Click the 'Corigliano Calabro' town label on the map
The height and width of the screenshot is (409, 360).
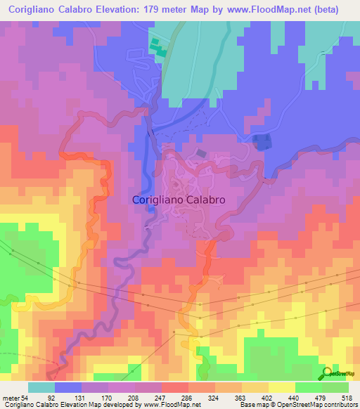179,200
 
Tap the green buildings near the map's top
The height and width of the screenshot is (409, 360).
158,47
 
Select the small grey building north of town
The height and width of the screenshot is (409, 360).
202,152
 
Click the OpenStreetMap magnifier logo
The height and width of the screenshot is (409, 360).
327,372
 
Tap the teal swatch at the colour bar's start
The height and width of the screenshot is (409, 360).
41,387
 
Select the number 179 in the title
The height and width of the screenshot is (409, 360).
162,10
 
